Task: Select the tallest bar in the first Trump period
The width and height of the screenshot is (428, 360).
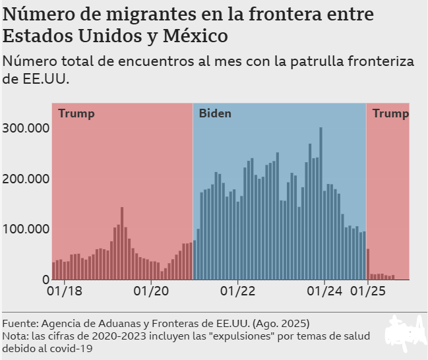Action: coord(122,243)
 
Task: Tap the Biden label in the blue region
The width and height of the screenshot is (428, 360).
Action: coord(215,113)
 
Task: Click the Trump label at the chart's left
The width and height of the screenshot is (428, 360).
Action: coord(76,113)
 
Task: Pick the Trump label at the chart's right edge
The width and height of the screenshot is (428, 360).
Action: coord(390,113)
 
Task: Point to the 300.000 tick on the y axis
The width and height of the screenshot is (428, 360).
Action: coord(26,128)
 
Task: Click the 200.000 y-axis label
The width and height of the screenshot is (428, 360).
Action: coord(26,179)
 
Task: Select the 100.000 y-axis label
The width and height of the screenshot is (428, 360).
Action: coord(26,229)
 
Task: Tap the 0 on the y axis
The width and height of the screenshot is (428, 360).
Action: coord(45,280)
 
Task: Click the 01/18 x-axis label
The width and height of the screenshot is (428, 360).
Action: coord(66,291)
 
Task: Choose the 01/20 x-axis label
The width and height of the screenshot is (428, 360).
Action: coord(152,291)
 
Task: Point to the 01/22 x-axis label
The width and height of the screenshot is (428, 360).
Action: coord(238,291)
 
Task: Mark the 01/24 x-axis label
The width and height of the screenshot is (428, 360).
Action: coord(324,291)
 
